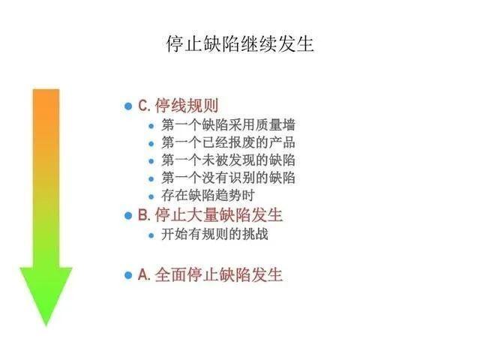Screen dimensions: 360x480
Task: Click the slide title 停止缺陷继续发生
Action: (x=240, y=43)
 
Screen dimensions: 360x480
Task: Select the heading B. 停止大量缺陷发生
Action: (x=210, y=215)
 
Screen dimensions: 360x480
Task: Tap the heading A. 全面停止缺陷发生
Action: (x=210, y=274)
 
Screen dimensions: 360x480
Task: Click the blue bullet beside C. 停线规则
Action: (x=127, y=106)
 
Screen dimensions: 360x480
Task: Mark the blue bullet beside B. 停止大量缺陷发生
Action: (x=127, y=216)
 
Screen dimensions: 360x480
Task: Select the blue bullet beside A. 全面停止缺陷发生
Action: (x=127, y=275)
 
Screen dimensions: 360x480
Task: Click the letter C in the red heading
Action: (x=142, y=106)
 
